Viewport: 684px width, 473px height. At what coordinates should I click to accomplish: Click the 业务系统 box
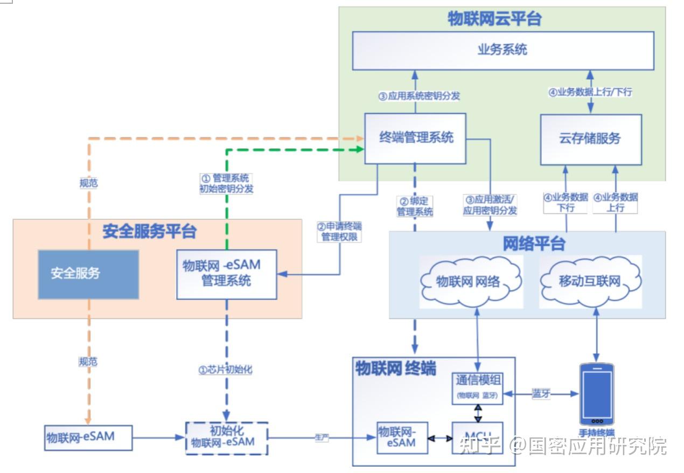click(x=503, y=51)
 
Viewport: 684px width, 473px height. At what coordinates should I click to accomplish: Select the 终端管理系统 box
click(x=415, y=138)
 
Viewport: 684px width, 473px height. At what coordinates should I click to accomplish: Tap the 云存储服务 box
click(x=590, y=139)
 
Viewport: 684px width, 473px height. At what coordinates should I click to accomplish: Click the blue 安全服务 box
click(x=88, y=274)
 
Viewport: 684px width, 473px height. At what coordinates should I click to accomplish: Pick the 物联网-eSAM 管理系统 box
click(x=226, y=274)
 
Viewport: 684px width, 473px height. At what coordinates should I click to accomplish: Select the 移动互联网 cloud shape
click(x=590, y=282)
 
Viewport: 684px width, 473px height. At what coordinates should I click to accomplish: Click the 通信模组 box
click(x=477, y=386)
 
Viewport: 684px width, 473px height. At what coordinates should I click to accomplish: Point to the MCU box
click(x=477, y=437)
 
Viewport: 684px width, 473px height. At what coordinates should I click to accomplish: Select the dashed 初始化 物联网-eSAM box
click(x=226, y=438)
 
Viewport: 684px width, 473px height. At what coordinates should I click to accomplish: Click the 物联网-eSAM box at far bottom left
click(x=88, y=437)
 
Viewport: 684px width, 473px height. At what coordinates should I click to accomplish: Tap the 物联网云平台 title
click(x=494, y=19)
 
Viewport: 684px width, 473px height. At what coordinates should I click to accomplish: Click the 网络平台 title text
click(x=534, y=244)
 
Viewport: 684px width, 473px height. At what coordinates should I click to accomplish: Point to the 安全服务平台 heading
click(x=149, y=232)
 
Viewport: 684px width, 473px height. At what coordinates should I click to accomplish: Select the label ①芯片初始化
click(x=226, y=370)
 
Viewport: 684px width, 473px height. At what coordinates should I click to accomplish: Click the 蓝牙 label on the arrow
click(x=541, y=394)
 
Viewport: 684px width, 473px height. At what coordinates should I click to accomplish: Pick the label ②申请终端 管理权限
click(x=339, y=231)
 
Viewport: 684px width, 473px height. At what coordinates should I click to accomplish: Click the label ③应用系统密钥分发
click(x=418, y=96)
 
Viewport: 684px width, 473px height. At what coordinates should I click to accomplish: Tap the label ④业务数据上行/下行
click(x=590, y=92)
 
